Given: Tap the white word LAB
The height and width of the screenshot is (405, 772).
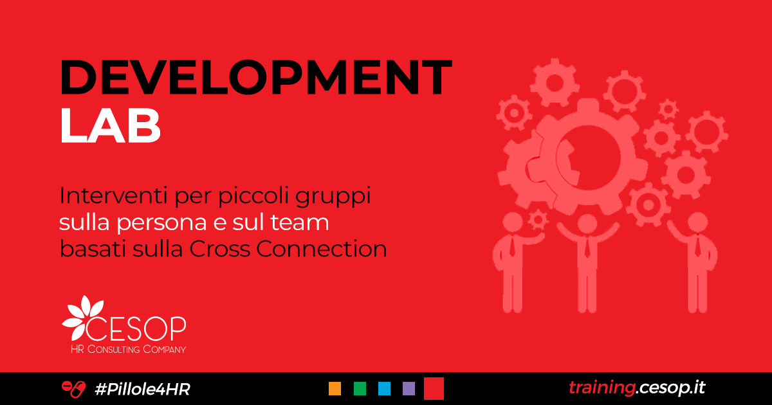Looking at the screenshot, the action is click(110, 125).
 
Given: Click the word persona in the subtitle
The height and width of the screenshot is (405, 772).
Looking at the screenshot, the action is click(161, 222).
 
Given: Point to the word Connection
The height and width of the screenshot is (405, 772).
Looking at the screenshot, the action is click(321, 249).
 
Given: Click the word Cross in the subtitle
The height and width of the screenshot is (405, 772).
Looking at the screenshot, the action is click(220, 249).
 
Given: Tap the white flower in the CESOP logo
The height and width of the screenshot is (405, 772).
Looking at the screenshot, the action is click(84, 317).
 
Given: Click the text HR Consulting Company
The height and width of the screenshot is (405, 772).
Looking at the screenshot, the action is click(128, 349).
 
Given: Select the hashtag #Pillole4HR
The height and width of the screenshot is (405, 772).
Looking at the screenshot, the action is click(142, 389).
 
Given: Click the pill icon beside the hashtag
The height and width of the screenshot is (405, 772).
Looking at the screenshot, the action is click(73, 389).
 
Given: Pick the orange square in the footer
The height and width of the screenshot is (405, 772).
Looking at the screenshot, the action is click(335, 388).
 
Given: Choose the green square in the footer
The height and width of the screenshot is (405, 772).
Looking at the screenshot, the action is click(360, 388).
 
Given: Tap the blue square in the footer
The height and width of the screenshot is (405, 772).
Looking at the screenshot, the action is click(384, 388).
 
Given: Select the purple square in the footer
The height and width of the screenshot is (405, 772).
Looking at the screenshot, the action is click(409, 388).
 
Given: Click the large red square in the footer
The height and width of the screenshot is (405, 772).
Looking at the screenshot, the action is click(434, 388).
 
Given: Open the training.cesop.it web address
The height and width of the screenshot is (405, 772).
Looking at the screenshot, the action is click(637, 388).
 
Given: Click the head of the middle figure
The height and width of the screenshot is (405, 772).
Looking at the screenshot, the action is click(587, 224).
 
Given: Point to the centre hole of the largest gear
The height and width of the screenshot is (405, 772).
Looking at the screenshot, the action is click(589, 157).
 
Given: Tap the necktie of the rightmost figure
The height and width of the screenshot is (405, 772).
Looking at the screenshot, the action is click(698, 247).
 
